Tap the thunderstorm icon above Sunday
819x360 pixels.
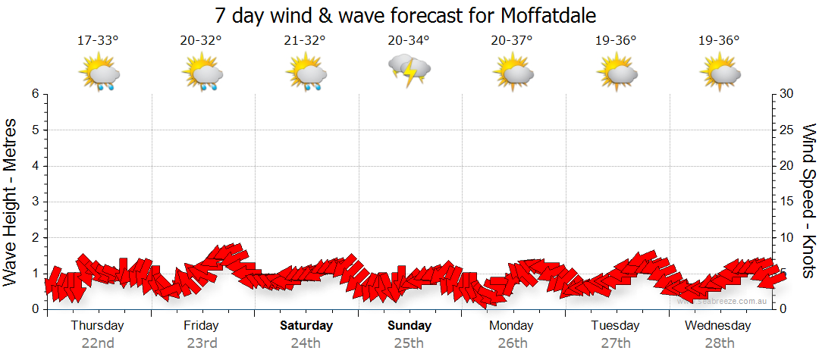point(409,70)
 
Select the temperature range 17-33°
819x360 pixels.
point(98,41)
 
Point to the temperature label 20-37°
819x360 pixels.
point(512,41)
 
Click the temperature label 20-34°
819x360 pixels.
point(409,41)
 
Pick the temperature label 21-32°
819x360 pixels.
point(305,41)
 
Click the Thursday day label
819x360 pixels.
point(97,326)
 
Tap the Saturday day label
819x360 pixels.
point(306,326)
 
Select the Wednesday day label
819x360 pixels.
point(717,326)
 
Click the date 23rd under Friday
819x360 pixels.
point(202,343)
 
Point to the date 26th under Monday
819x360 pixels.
point(513,343)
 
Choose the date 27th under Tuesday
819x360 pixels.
point(616,343)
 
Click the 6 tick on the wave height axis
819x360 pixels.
point(35,94)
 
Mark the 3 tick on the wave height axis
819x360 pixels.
point(35,202)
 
